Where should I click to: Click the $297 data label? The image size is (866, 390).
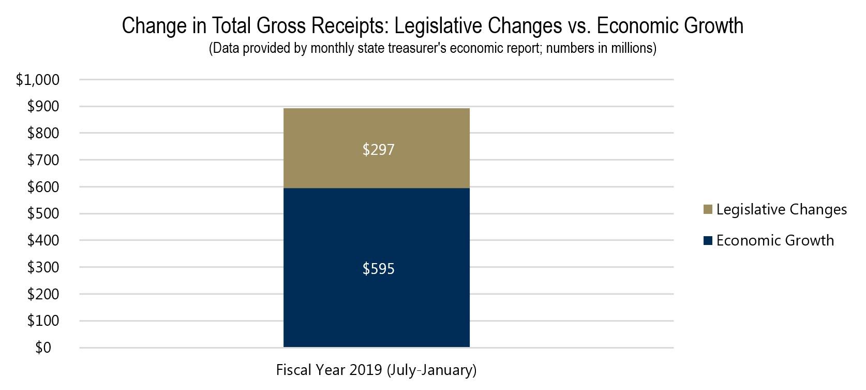(x=378, y=150)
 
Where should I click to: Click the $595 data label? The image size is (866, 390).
(x=378, y=269)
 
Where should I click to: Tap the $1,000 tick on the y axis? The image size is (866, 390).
(x=38, y=80)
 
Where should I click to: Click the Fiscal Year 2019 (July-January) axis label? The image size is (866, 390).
(x=376, y=370)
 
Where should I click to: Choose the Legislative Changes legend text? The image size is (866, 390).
(x=781, y=209)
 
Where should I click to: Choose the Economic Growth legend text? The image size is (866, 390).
(x=775, y=240)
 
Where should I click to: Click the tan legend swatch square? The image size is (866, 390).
(x=708, y=210)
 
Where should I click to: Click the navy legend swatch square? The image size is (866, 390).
(x=708, y=241)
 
